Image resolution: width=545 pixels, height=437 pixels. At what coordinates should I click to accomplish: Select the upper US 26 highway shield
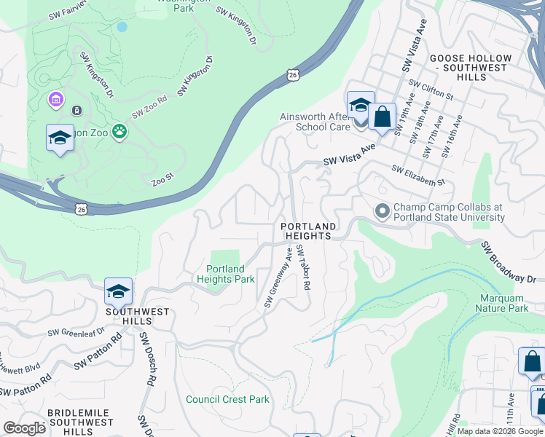tap(292, 74)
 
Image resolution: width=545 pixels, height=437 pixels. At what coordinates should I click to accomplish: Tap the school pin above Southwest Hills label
tap(118, 291)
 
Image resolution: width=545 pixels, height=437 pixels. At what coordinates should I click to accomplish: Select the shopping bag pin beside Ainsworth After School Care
tap(382, 116)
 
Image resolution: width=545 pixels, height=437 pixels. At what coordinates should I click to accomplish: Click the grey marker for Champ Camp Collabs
tap(382, 212)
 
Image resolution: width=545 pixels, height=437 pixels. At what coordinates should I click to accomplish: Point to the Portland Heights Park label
tap(226, 274)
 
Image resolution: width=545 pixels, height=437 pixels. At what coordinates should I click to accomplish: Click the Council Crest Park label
tap(227, 399)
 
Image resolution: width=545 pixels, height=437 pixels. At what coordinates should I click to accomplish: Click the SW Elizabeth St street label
tap(417, 175)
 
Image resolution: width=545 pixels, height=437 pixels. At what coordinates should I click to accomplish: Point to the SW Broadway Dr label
tap(508, 263)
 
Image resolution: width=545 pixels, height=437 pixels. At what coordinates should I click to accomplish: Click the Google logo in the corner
tap(24, 428)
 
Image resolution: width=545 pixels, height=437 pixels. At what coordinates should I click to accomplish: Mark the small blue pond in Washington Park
tap(122, 26)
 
